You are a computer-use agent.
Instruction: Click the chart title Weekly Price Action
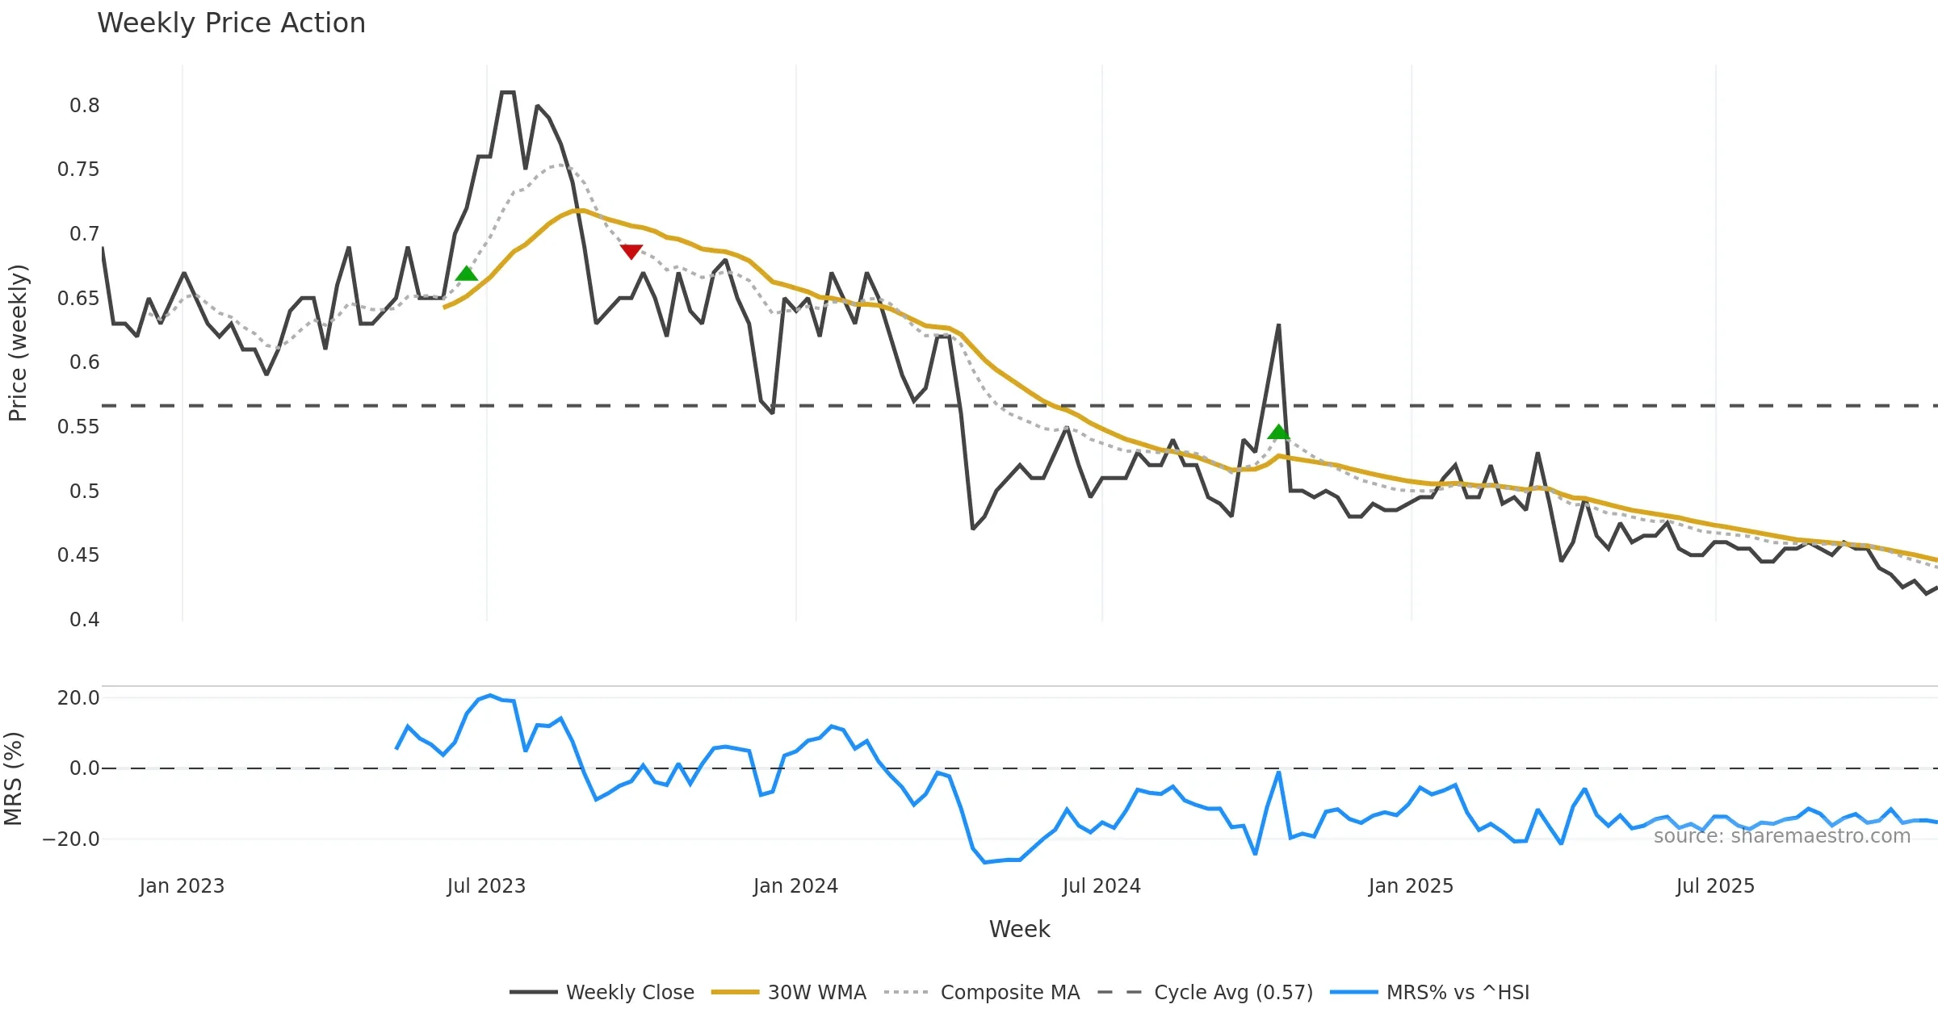pos(231,23)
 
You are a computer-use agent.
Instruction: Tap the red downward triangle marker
pos(631,252)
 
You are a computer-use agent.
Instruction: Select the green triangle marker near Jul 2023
pos(467,274)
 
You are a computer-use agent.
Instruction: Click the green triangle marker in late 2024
pos(1278,432)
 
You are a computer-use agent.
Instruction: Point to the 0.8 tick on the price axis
pos(84,106)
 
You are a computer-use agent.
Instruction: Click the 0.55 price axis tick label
pos(78,427)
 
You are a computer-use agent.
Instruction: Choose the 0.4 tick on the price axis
pos(84,620)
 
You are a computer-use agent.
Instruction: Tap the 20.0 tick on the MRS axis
pos(78,698)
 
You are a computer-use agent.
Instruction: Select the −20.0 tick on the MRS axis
pos(72,839)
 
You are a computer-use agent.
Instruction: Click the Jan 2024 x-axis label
pos(795,886)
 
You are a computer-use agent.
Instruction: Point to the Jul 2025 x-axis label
pos(1715,886)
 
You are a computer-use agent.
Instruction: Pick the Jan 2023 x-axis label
pos(182,886)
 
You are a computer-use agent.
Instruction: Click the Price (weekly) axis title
pos(18,343)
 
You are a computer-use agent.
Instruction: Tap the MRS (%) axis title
pos(13,779)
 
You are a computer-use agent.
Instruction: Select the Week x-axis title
pos(1019,930)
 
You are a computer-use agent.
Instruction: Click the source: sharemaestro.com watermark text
pos(1781,836)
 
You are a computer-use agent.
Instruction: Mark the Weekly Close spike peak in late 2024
pos(1278,325)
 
